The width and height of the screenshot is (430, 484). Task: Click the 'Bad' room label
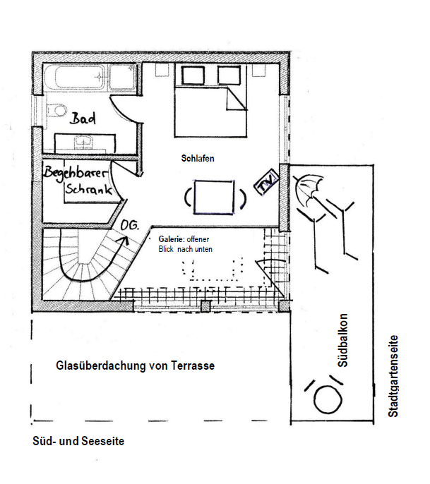[x=83, y=119]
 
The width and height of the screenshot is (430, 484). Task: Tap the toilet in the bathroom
[x=56, y=109]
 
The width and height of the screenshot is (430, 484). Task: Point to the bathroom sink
[x=83, y=142]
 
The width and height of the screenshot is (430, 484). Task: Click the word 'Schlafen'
[x=198, y=158]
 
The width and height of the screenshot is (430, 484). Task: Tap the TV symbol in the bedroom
[x=266, y=183]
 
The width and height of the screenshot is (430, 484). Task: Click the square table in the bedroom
[x=214, y=198]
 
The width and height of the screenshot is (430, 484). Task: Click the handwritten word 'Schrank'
[x=88, y=189]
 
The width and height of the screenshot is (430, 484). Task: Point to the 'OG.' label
[x=129, y=225]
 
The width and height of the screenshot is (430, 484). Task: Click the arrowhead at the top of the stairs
[x=125, y=239]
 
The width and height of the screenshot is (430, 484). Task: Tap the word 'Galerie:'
[x=172, y=239]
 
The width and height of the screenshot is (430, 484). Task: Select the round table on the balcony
[x=328, y=400]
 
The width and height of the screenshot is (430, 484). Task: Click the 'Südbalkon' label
[x=343, y=341]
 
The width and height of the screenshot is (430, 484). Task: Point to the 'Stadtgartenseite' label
[x=393, y=376]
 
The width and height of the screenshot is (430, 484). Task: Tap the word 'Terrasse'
[x=193, y=365]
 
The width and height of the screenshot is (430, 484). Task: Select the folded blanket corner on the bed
[x=237, y=99]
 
